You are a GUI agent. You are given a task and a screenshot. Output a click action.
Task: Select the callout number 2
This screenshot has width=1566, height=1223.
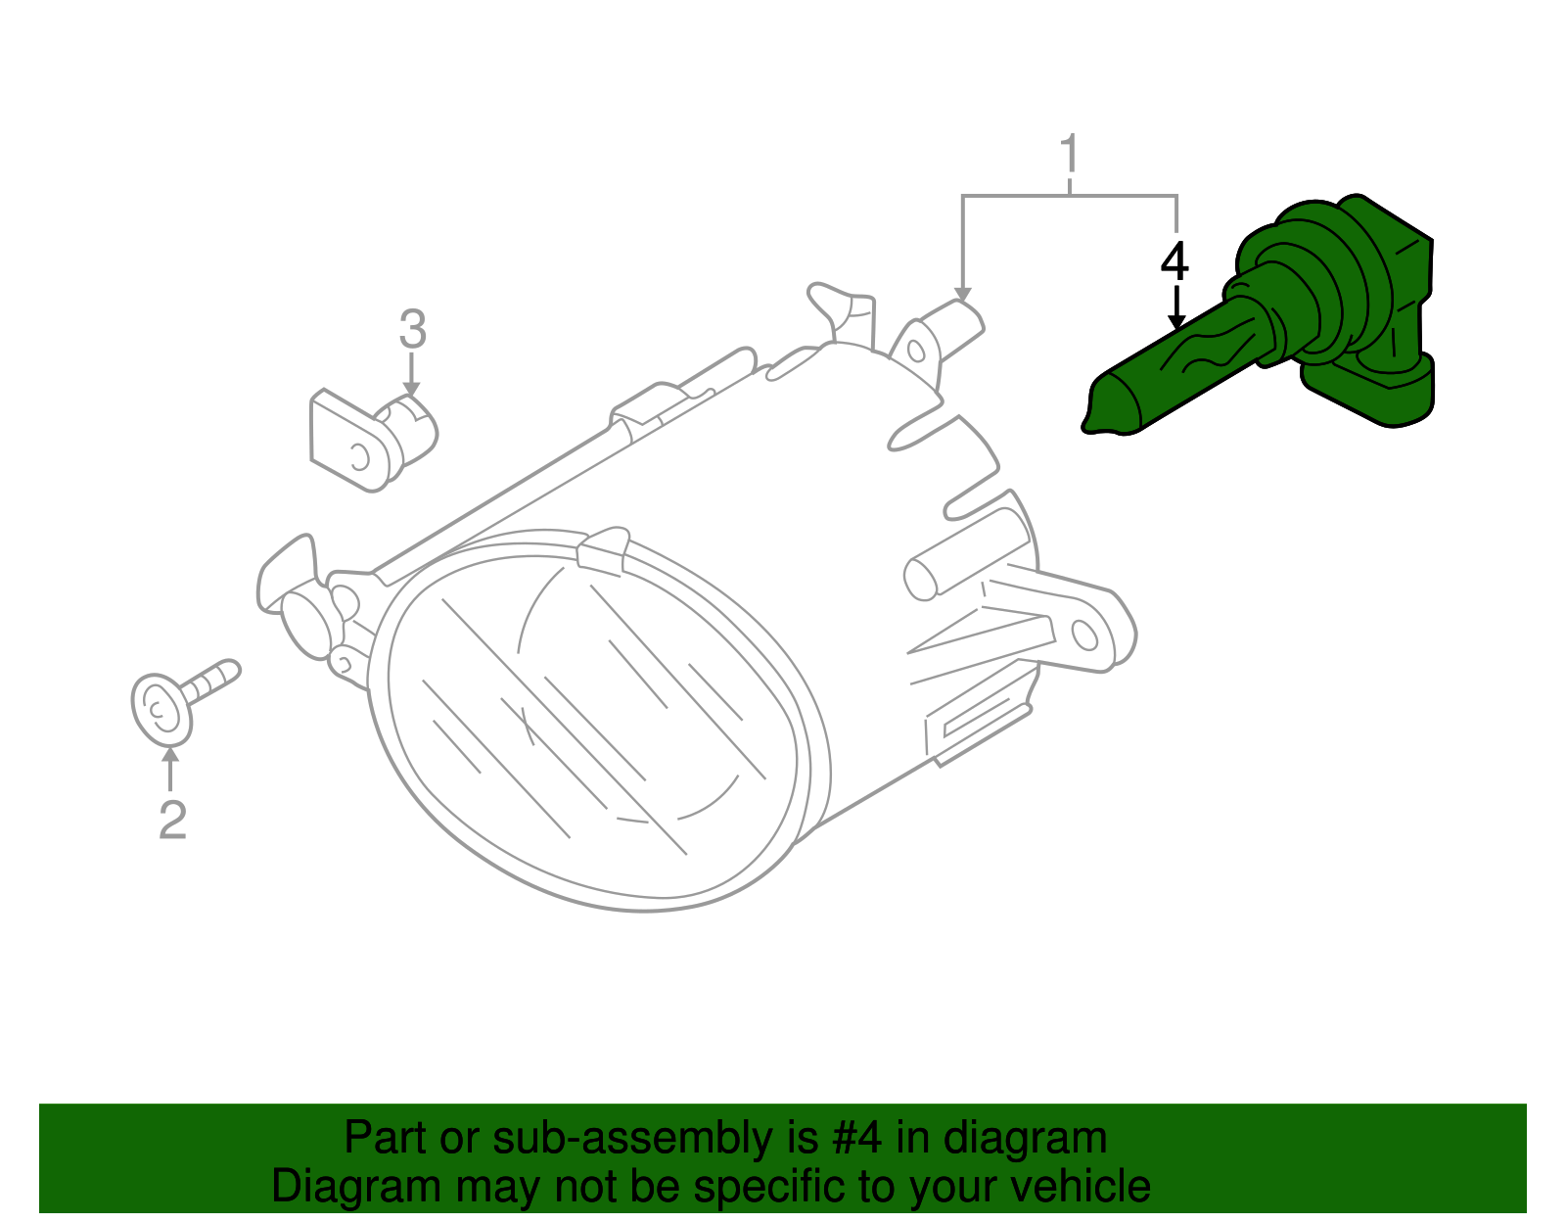click(172, 819)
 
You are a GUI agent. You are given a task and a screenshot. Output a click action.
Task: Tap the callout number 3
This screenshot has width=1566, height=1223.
click(412, 329)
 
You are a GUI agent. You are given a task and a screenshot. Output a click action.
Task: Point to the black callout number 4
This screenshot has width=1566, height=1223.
click(1174, 261)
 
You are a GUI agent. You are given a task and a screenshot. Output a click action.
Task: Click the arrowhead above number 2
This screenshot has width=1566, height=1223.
click(171, 754)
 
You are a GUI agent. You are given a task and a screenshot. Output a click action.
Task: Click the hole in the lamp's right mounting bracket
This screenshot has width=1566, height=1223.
click(1085, 635)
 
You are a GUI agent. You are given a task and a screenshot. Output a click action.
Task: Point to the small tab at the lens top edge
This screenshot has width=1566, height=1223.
click(603, 548)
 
